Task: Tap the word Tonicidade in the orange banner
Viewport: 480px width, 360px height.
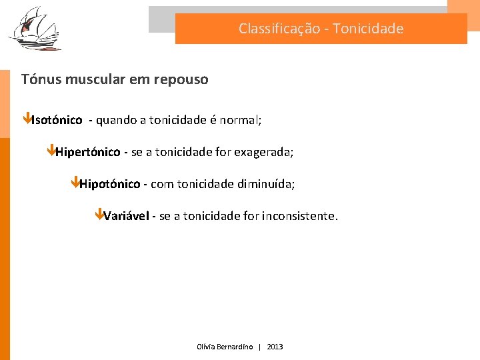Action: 368,29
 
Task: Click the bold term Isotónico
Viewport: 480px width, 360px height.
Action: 57,120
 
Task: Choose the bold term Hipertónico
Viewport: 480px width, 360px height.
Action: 87,152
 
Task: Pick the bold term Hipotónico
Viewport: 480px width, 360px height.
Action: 109,184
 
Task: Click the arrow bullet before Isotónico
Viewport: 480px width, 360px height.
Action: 26,119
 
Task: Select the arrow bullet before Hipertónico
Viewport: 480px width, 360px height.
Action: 51,151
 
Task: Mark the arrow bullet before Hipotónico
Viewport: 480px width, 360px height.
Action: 75,183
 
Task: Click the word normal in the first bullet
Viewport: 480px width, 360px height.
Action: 239,120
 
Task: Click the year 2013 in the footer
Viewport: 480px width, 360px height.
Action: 275,347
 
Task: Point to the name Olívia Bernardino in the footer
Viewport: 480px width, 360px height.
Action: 225,347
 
